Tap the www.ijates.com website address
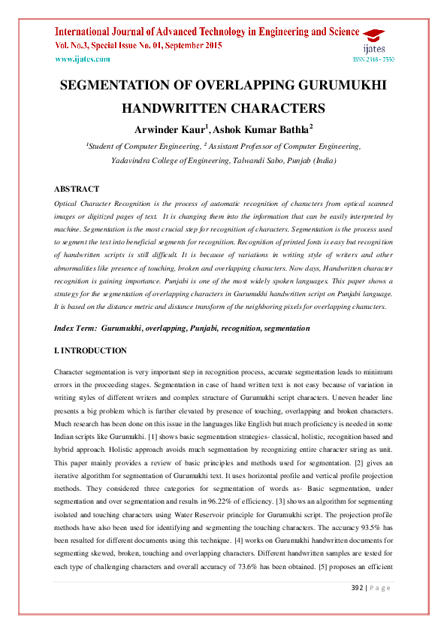point(83,58)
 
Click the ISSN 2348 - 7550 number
point(373,59)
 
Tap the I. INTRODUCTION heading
point(91,351)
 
